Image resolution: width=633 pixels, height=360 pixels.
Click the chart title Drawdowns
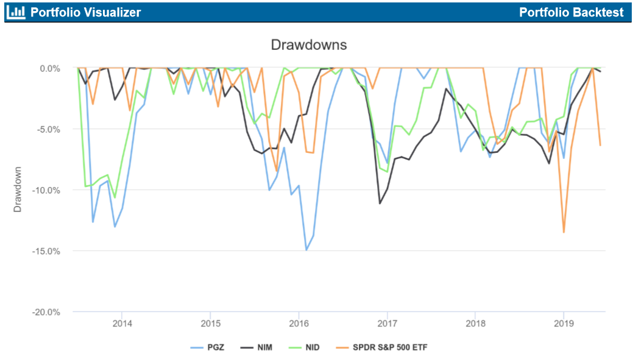pos(308,45)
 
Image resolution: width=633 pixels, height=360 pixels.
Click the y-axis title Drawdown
pos(18,189)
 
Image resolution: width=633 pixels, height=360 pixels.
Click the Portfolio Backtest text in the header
pos(571,12)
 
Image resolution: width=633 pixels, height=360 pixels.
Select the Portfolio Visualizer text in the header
pos(85,12)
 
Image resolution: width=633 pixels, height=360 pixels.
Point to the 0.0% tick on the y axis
pos(51,68)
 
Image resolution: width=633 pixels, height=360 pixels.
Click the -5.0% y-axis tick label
pos(49,129)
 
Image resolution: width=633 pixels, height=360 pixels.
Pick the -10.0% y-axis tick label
pos(48,190)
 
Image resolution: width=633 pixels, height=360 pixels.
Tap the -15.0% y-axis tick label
pos(48,251)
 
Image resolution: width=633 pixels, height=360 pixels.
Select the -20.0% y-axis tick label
pos(48,312)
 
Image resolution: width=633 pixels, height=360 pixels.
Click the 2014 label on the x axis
pos(122,323)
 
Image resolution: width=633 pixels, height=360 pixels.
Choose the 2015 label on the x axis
pos(210,323)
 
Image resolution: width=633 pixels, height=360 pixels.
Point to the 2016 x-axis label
pos(299,323)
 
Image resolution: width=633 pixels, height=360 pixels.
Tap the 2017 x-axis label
pos(387,323)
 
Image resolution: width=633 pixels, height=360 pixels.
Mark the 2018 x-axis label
pos(475,323)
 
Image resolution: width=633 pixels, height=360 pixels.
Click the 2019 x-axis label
pos(564,323)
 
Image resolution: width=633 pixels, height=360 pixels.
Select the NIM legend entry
pos(256,347)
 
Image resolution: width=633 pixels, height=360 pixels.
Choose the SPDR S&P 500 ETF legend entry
pos(377,347)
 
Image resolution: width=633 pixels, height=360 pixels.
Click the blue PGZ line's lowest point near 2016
pos(306,250)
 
